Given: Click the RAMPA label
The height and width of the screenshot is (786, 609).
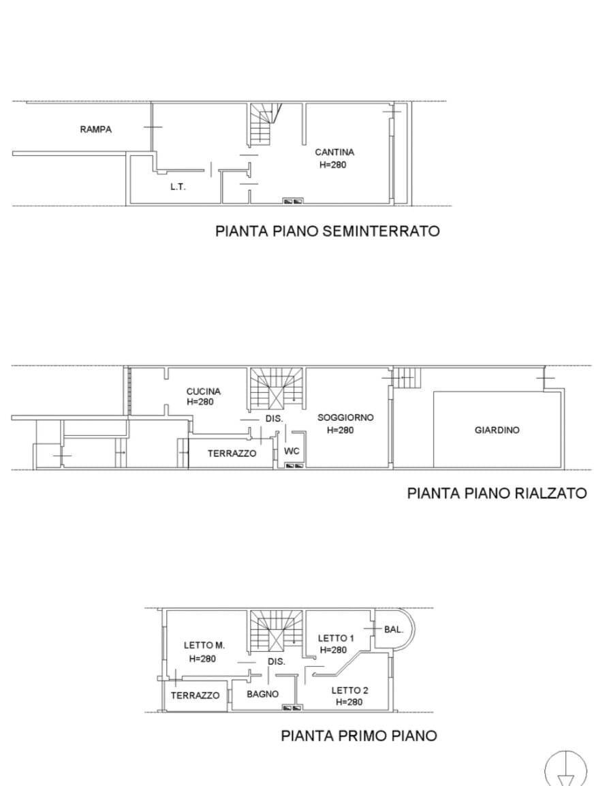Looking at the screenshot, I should click(95, 129).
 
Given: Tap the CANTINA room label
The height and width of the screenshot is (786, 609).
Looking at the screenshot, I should click(334, 153).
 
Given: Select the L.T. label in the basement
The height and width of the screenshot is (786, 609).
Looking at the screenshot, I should click(178, 187).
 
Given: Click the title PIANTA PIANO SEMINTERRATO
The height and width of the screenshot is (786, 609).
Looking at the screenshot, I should click(327, 231).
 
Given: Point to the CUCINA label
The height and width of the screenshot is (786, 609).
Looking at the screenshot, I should click(204, 392).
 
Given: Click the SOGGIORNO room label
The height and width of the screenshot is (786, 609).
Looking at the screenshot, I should click(345, 418).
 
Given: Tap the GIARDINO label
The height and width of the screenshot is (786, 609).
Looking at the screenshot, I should click(497, 430).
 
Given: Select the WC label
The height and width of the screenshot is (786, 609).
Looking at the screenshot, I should click(292, 451).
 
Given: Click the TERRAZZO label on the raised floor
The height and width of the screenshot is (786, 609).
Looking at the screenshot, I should click(232, 453).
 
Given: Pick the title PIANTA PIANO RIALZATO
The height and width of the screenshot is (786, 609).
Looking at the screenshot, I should click(497, 492).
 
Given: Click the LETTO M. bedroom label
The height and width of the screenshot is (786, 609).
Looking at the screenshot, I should click(204, 645).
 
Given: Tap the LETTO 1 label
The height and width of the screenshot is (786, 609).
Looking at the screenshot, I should click(337, 638).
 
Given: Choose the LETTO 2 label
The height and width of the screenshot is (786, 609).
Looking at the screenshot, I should click(350, 690).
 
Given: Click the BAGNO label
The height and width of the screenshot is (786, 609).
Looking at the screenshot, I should click(262, 694).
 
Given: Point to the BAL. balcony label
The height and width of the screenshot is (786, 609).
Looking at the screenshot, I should click(394, 629).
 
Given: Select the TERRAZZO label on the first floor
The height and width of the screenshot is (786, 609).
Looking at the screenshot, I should click(195, 695).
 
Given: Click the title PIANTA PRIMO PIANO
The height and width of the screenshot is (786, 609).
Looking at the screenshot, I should click(359, 736).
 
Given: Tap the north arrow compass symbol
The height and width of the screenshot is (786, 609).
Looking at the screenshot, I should click(565, 770).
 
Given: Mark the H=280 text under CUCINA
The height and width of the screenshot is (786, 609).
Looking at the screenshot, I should click(200, 403).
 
